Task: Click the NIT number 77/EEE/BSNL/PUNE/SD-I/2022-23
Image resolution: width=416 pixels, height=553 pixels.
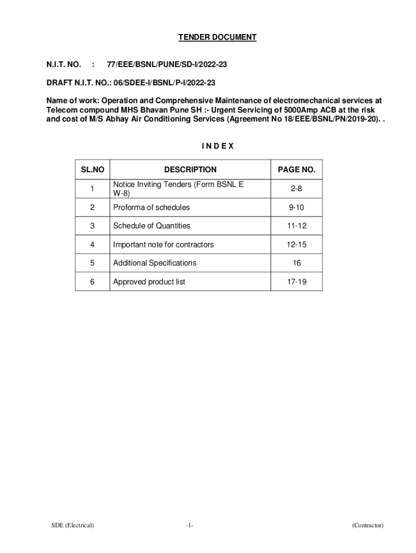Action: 167,65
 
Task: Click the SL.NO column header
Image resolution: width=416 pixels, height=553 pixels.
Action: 92,170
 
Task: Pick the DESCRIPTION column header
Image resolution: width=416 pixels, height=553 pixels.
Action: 190,170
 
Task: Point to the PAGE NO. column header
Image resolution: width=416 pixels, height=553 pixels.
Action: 297,170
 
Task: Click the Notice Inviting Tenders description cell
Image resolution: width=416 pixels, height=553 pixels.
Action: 178,189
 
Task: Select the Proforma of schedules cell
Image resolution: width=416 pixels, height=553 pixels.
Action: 151,207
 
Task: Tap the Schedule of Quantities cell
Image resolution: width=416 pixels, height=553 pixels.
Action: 152,226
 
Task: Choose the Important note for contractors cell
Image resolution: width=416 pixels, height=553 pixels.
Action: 163,245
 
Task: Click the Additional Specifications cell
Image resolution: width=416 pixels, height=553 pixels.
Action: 155,263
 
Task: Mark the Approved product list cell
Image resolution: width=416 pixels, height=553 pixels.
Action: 149,281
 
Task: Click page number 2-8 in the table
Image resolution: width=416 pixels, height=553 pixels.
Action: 297,189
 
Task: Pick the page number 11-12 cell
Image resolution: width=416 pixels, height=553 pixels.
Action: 297,226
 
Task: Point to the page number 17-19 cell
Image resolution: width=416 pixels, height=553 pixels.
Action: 297,281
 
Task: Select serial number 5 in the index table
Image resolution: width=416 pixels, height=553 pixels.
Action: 92,263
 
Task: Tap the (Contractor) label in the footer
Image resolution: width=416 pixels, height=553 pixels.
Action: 367,525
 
